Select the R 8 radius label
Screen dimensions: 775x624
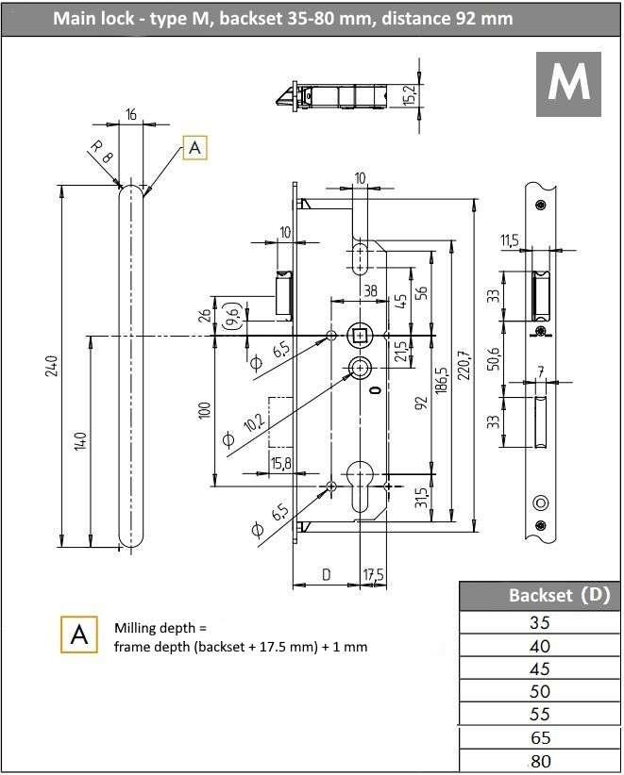point(101,152)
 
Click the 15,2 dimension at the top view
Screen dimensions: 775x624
point(409,94)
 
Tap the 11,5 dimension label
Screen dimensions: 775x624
point(511,242)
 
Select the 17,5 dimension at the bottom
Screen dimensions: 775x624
point(374,574)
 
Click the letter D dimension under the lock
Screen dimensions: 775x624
point(327,574)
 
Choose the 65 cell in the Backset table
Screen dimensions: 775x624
point(541,737)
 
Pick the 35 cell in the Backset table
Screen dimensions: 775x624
point(541,622)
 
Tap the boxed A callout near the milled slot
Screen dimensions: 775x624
point(194,148)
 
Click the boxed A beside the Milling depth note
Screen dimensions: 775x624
point(79,635)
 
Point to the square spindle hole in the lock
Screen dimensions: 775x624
point(360,335)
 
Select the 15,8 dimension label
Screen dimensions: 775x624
point(280,463)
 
